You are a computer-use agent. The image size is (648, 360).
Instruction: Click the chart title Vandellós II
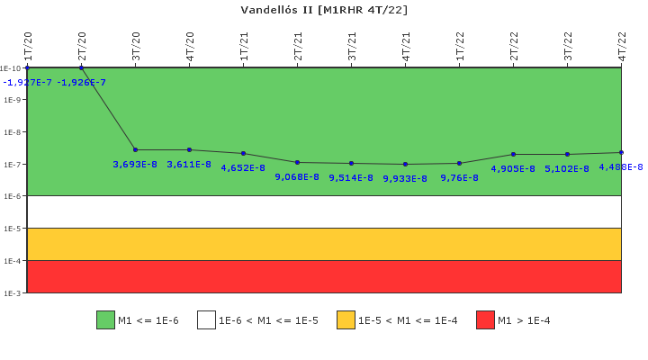[324, 10]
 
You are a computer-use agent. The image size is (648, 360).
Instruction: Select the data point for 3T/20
[135, 149]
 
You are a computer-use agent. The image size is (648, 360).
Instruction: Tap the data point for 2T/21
[297, 162]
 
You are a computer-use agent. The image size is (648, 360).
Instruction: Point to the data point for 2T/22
[513, 154]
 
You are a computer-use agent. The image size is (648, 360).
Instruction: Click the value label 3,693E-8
[135, 164]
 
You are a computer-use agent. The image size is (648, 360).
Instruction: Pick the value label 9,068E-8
[297, 176]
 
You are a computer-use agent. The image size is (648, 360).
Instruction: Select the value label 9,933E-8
[405, 178]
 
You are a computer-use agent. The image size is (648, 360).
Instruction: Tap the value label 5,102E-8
[567, 168]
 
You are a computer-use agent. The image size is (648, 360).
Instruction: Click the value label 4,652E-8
[243, 167]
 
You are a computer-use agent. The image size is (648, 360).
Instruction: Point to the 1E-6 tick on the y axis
[12, 196]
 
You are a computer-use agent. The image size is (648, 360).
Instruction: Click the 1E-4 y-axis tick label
[12, 261]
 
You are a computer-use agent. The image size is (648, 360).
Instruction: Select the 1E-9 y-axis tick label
[12, 100]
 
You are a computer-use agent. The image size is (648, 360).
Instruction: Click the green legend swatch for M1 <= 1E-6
[105, 319]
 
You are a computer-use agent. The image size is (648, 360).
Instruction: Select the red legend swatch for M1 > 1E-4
[485, 319]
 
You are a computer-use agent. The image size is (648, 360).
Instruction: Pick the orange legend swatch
[346, 319]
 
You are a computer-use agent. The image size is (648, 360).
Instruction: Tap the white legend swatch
[206, 319]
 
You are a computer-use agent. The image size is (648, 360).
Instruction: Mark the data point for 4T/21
[405, 164]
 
